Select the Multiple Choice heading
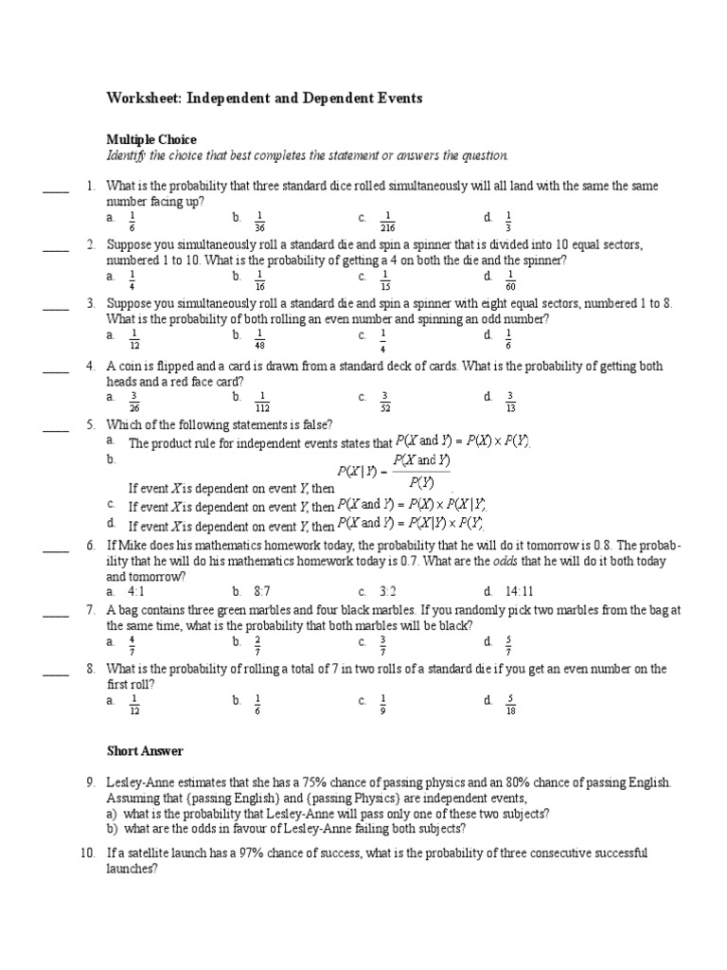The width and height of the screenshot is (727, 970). [x=151, y=139]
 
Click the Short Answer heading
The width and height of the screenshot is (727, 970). [x=145, y=751]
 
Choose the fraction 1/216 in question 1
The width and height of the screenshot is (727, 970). [x=384, y=222]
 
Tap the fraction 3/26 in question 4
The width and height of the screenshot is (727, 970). [x=133, y=400]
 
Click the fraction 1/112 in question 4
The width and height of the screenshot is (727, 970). [x=262, y=400]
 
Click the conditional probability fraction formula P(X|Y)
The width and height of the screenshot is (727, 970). [x=393, y=470]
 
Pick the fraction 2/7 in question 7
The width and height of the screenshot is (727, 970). [x=258, y=644]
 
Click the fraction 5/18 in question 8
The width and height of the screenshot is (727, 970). [x=510, y=704]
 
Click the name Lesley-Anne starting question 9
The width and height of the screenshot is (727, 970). [x=138, y=783]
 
